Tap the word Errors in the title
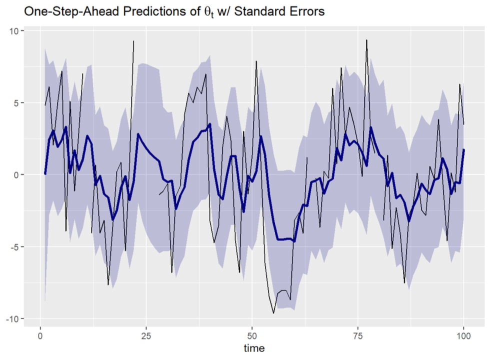pos(306,10)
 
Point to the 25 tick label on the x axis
pos(146,334)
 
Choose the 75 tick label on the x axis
pos(358,334)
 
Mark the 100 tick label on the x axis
pos(463,334)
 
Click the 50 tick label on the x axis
pos(252,334)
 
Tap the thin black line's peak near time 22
pos(133,41)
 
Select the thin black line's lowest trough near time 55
pos(273,313)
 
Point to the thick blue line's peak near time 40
pos(210,124)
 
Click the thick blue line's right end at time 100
pos(464,149)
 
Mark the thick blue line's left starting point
pos(45,174)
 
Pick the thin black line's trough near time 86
pos(404,283)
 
